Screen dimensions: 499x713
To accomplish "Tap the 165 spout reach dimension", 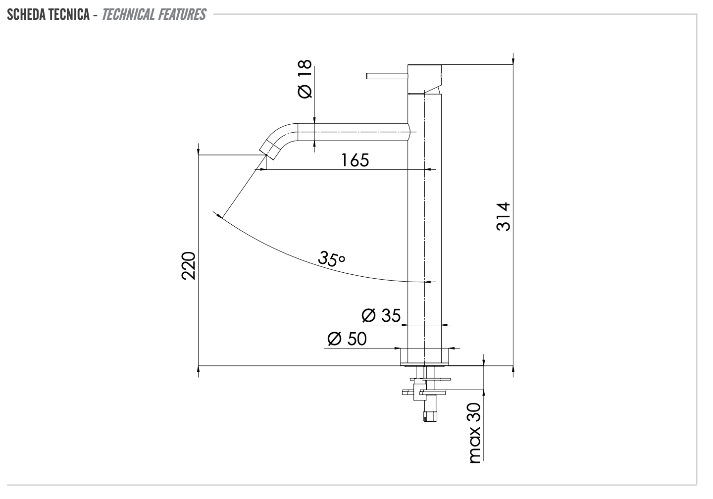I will click(355, 160).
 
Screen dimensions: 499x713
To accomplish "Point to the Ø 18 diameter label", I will click(305, 79).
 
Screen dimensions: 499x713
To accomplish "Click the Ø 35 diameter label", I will click(381, 315).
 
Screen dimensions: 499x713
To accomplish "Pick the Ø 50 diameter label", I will click(347, 339).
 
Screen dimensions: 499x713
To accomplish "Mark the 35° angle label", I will click(331, 258).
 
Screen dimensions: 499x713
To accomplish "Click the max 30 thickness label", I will click(474, 433).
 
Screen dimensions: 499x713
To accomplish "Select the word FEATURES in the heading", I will click(182, 14).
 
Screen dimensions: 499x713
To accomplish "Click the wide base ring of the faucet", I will click(424, 355).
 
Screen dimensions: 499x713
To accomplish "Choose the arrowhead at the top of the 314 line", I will click(513, 60).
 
